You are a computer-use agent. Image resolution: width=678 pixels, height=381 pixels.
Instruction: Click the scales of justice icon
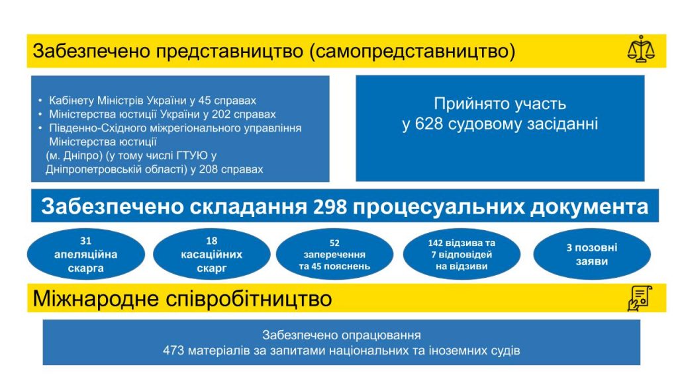(x=641, y=49)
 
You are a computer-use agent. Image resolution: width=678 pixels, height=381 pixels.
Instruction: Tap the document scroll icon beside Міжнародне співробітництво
(x=640, y=298)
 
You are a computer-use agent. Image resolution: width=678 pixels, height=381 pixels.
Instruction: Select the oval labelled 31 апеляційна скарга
(x=85, y=254)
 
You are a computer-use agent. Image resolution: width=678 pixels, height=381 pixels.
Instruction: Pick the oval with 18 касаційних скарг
(x=211, y=254)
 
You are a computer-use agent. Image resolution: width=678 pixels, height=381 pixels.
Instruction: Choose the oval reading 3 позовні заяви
(x=591, y=254)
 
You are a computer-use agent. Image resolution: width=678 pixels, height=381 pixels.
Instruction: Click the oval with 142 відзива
(x=461, y=254)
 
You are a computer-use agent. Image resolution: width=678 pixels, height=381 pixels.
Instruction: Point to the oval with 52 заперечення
(x=334, y=254)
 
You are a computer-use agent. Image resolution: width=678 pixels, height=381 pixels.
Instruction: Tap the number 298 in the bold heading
(x=330, y=206)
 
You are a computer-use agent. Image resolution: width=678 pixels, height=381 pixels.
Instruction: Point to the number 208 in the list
(x=208, y=169)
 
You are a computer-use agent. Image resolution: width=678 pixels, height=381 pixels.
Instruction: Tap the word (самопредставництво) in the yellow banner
(x=412, y=51)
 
